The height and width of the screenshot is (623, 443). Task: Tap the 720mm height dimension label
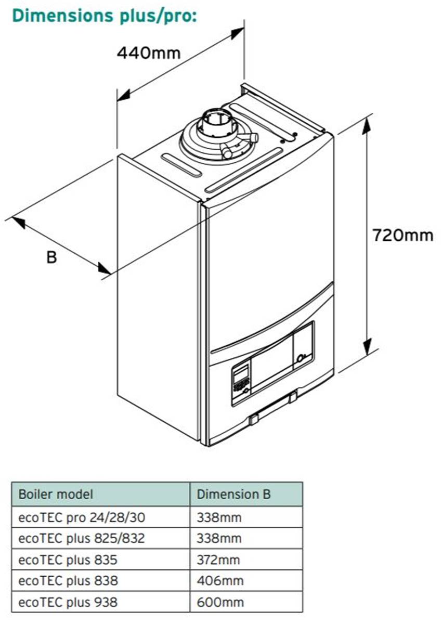point(402,235)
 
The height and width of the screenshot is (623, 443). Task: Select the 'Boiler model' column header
point(56,494)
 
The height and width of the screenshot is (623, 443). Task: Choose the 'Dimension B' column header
point(233,494)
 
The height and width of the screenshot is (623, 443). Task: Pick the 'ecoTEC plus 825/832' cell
point(81,538)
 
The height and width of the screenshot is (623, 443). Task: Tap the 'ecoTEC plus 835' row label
point(68,560)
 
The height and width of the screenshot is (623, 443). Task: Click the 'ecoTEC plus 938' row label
point(68,602)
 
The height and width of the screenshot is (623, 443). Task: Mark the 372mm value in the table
point(218,560)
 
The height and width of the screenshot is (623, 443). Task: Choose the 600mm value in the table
point(219,602)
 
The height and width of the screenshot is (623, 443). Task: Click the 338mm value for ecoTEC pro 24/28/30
point(219,517)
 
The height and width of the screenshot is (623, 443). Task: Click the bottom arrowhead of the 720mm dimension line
point(368,347)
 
